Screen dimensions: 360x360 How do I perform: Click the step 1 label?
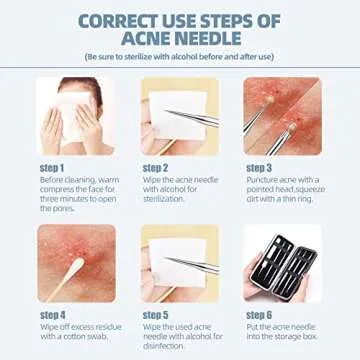pyautogui.click(x=52, y=167)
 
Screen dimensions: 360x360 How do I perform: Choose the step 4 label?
pyautogui.click(x=52, y=313)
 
